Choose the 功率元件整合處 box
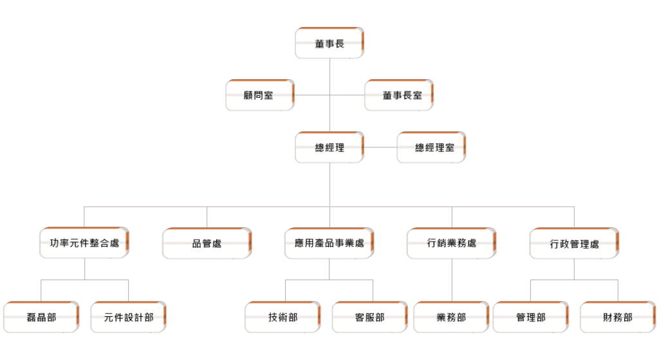tap(84, 243)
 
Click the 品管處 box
tap(207, 243)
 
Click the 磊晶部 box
tap(41, 317)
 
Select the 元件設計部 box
tap(129, 317)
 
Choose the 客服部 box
tap(370, 317)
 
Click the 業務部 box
tap(451, 317)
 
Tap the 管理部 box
tap(531, 317)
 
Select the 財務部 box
tap(618, 317)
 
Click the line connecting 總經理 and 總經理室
tap(380, 147)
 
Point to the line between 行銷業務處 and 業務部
tap(452, 280)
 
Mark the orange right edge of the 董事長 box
tap(363, 43)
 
